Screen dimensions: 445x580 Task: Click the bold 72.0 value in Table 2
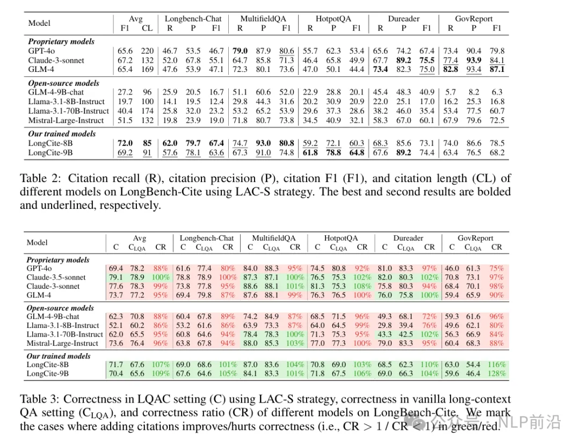[x=126, y=143]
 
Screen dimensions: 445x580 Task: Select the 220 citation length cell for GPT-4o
[x=147, y=51]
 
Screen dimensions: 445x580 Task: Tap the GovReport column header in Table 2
[x=474, y=19]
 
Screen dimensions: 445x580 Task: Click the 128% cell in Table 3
[x=496, y=373]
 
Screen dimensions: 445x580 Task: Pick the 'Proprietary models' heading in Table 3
[x=58, y=260]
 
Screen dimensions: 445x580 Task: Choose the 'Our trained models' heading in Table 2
[x=62, y=134]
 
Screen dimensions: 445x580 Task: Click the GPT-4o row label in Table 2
[x=41, y=51]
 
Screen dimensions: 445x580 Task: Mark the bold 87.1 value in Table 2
[x=497, y=69]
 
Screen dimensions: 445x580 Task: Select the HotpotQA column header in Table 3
[x=340, y=238]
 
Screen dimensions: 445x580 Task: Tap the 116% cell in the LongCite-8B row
[x=496, y=364]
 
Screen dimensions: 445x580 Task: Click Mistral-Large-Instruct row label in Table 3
[x=62, y=343]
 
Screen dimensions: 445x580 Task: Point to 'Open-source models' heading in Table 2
[x=63, y=83]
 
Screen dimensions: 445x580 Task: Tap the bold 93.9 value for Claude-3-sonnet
[x=473, y=60]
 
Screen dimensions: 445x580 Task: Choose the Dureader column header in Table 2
[x=404, y=19]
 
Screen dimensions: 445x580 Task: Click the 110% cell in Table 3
[x=429, y=364]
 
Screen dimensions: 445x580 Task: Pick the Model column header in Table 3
[x=37, y=242]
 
